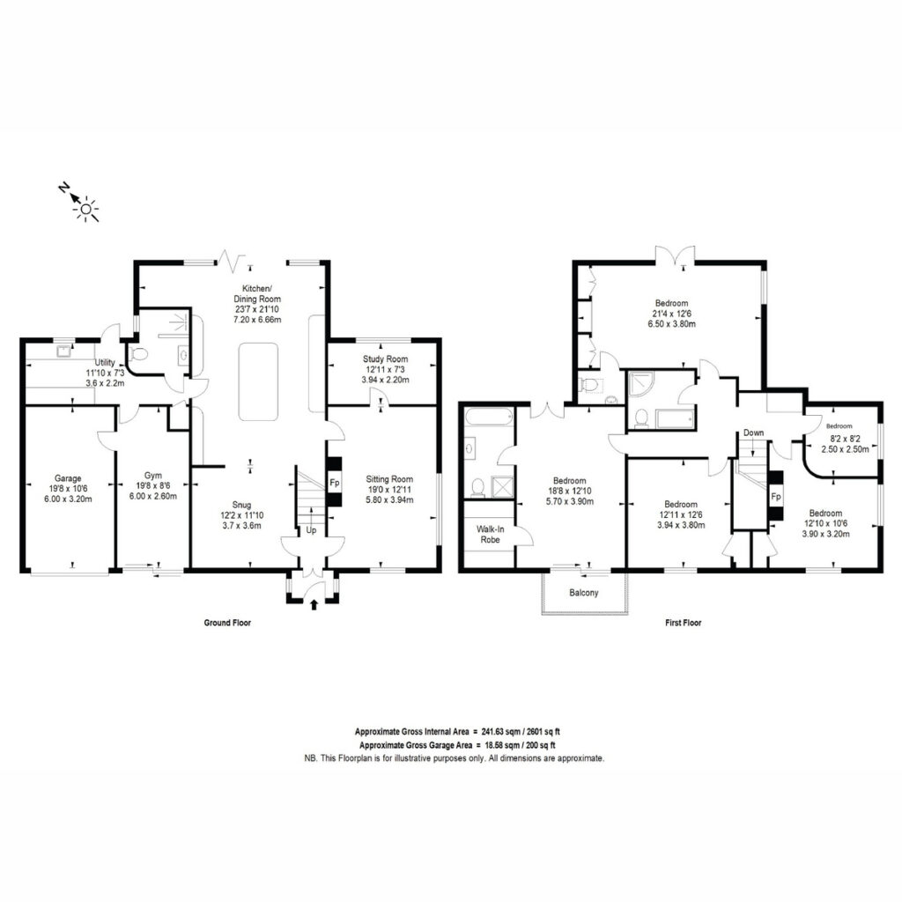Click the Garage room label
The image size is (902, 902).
pyautogui.click(x=68, y=478)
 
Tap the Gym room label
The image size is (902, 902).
pyautogui.click(x=153, y=476)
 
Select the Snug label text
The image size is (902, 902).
pyautogui.click(x=241, y=505)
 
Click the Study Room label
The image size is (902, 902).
pyautogui.click(x=386, y=359)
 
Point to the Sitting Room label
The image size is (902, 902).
pyautogui.click(x=389, y=479)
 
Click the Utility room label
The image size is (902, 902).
pyautogui.click(x=105, y=362)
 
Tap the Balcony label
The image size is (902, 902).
pyautogui.click(x=584, y=593)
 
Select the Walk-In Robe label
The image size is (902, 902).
pyautogui.click(x=490, y=535)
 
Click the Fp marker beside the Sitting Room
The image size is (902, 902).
pyautogui.click(x=334, y=483)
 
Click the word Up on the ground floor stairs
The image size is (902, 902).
pyautogui.click(x=311, y=530)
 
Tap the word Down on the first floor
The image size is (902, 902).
pyautogui.click(x=754, y=433)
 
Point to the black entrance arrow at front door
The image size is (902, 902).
pyautogui.click(x=314, y=604)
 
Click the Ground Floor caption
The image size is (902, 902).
pyautogui.click(x=228, y=623)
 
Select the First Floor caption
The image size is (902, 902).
pyautogui.click(x=684, y=623)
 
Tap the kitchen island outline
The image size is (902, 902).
pyautogui.click(x=258, y=382)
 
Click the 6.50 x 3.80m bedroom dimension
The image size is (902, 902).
pyautogui.click(x=672, y=324)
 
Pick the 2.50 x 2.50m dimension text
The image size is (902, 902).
pyautogui.click(x=845, y=449)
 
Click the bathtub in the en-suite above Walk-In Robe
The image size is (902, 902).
pyautogui.click(x=488, y=417)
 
